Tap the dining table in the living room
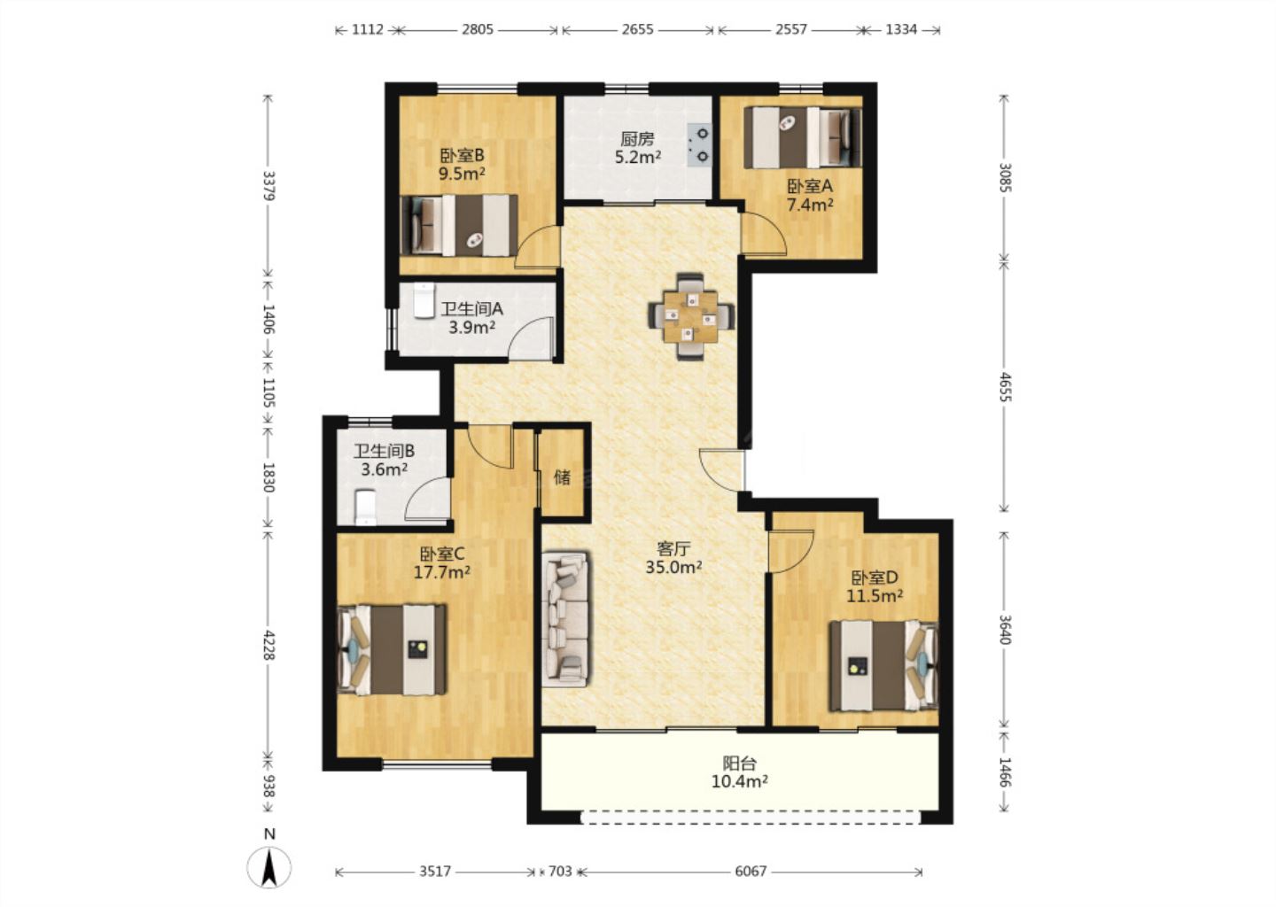[691, 316]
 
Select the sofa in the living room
[565, 618]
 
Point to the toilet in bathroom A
[422, 300]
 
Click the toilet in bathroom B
[365, 506]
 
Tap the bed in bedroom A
[803, 137]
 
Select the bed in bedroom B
[459, 226]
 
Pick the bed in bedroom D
[883, 665]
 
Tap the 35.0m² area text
[673, 567]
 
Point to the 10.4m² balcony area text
[739, 781]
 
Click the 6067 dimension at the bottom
[751, 872]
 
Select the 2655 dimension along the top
[637, 29]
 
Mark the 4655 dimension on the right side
[1005, 387]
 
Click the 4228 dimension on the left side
[268, 645]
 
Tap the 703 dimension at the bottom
[560, 872]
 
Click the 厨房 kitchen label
[637, 139]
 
